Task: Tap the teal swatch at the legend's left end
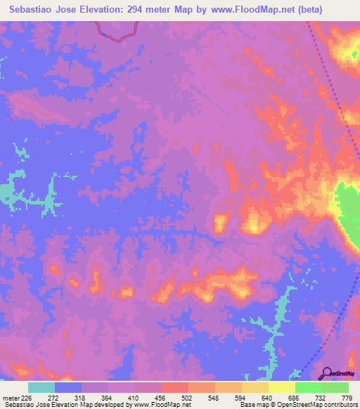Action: (41, 388)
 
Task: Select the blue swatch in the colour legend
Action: (68, 388)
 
